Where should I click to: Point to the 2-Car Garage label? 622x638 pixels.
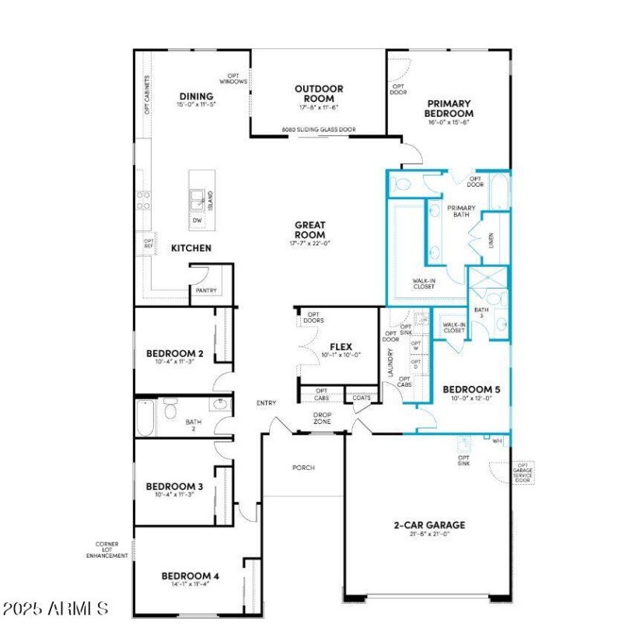(x=428, y=524)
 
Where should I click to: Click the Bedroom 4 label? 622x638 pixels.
(x=190, y=577)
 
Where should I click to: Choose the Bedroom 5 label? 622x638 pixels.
(x=466, y=389)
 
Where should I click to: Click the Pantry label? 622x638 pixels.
(x=206, y=291)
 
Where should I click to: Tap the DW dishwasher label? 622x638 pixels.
(x=197, y=220)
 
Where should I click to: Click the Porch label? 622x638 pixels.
(x=303, y=468)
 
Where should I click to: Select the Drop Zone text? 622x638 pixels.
(x=322, y=418)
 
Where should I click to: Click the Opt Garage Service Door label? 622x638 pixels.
(x=522, y=471)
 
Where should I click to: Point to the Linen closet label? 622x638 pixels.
(x=491, y=240)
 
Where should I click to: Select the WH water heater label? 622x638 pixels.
(x=498, y=440)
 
